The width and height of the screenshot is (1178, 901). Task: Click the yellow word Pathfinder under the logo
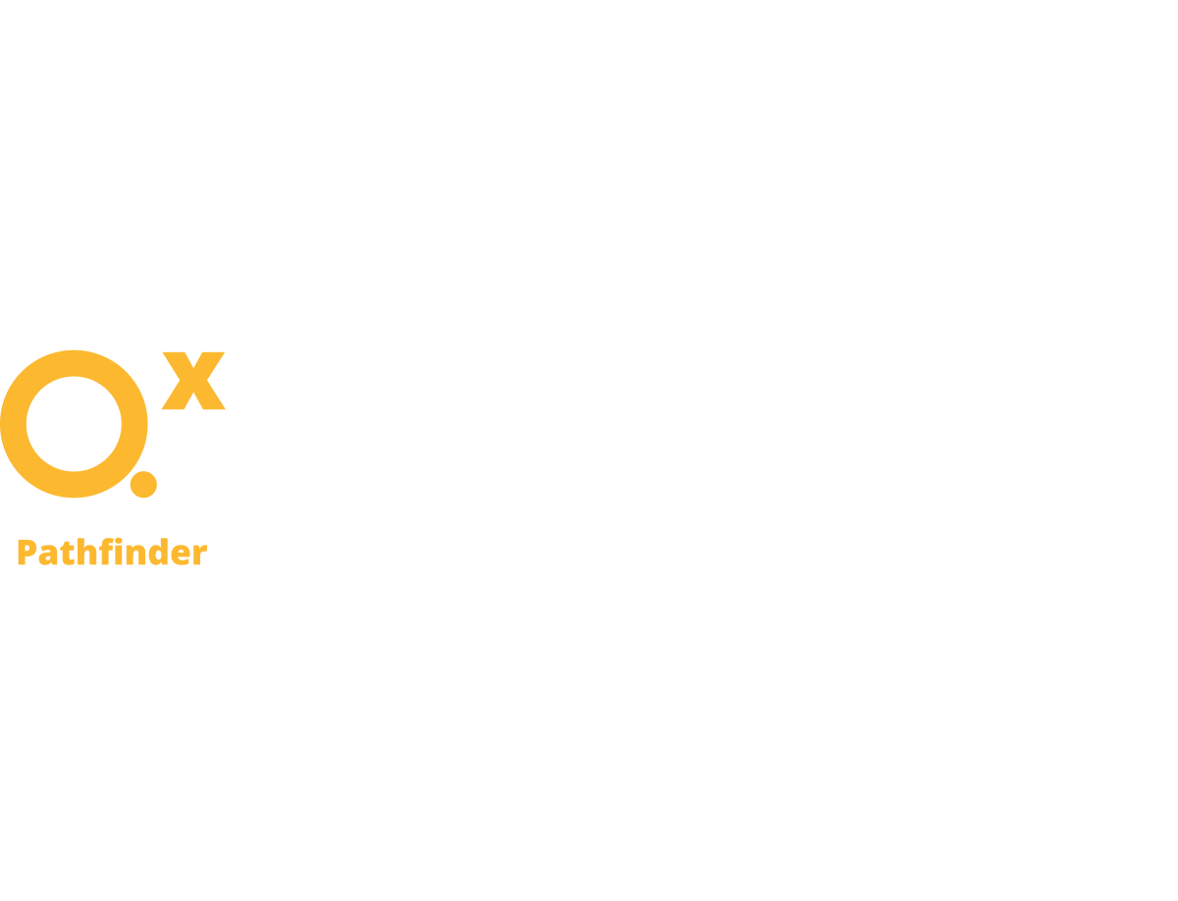[x=112, y=554]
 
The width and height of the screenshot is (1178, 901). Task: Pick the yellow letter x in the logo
[x=193, y=383]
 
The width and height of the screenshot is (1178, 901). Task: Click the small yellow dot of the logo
[x=143, y=484]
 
